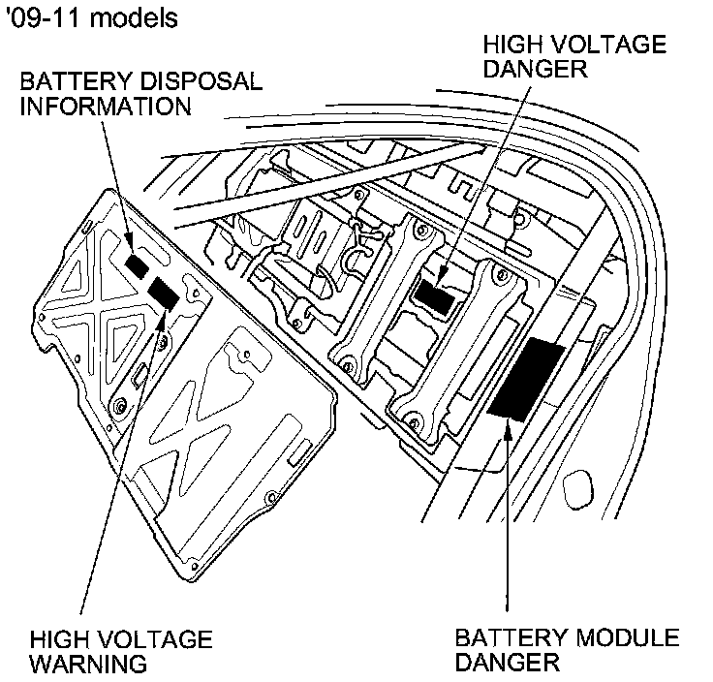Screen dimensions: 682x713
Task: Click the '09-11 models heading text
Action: coord(93,18)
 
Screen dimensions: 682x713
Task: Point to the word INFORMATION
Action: coord(107,105)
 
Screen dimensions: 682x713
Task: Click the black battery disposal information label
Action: coord(137,263)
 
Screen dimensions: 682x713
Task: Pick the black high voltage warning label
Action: coord(164,292)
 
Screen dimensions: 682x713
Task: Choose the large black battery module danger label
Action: coord(528,378)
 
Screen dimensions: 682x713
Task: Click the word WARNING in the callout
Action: coord(88,665)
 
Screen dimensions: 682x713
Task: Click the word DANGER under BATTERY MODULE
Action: coord(507,665)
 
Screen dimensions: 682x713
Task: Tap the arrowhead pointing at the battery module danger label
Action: coord(506,433)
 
